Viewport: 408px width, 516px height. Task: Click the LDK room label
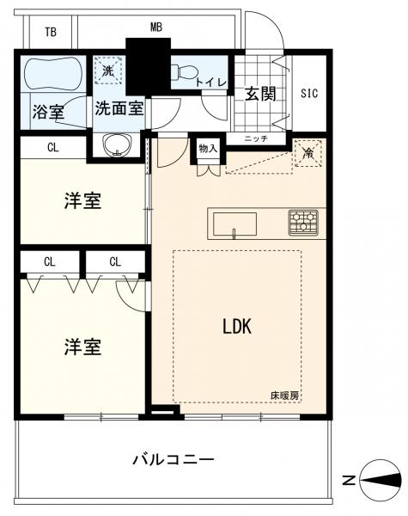(x=236, y=326)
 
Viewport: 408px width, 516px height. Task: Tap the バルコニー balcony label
(x=173, y=459)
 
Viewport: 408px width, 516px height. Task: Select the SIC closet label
(x=309, y=93)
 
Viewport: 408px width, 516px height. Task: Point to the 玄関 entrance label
(x=259, y=94)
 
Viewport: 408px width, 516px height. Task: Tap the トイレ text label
(x=210, y=82)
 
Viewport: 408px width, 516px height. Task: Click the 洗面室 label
(x=119, y=109)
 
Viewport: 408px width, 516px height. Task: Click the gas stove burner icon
(x=302, y=222)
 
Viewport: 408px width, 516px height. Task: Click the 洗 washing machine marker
(x=109, y=70)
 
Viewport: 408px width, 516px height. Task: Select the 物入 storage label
(x=208, y=148)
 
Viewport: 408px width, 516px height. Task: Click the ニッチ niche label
(x=256, y=138)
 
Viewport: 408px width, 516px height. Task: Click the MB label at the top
(x=155, y=28)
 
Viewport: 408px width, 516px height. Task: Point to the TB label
(x=51, y=32)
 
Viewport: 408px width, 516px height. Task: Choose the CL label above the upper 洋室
(x=53, y=148)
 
